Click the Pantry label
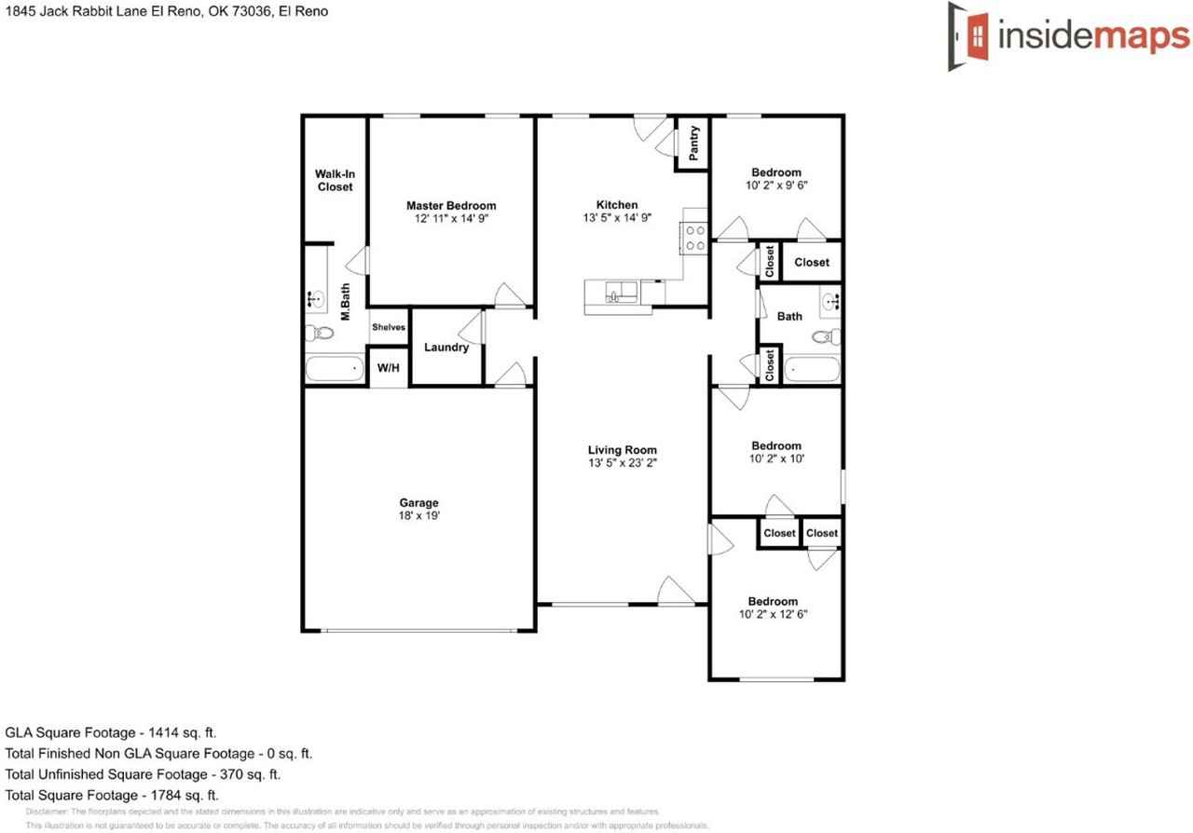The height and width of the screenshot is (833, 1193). click(x=694, y=143)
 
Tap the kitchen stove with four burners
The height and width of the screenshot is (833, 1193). click(x=695, y=238)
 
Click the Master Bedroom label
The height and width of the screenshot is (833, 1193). click(x=451, y=206)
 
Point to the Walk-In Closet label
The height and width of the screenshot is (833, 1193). click(x=335, y=181)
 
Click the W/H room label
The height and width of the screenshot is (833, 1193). click(x=389, y=368)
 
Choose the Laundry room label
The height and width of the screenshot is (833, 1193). click(x=446, y=348)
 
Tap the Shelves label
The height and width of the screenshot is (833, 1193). click(x=389, y=327)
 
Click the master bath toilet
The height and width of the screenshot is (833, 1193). click(x=322, y=333)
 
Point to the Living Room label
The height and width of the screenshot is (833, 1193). click(x=623, y=450)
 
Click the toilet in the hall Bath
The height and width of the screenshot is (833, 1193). click(x=824, y=336)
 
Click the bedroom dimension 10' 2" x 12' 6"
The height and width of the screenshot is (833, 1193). click(x=773, y=614)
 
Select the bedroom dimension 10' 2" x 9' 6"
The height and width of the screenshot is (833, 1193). click(x=776, y=184)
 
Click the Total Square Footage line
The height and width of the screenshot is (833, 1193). click(x=112, y=795)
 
